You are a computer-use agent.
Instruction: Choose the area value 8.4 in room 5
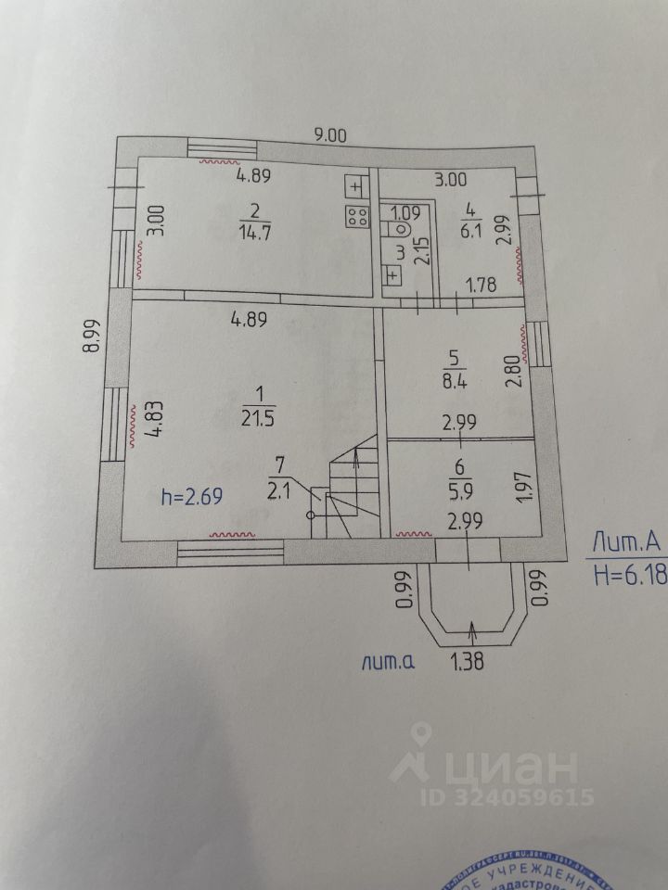tap(454, 377)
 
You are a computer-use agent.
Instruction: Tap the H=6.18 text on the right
tap(629, 576)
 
